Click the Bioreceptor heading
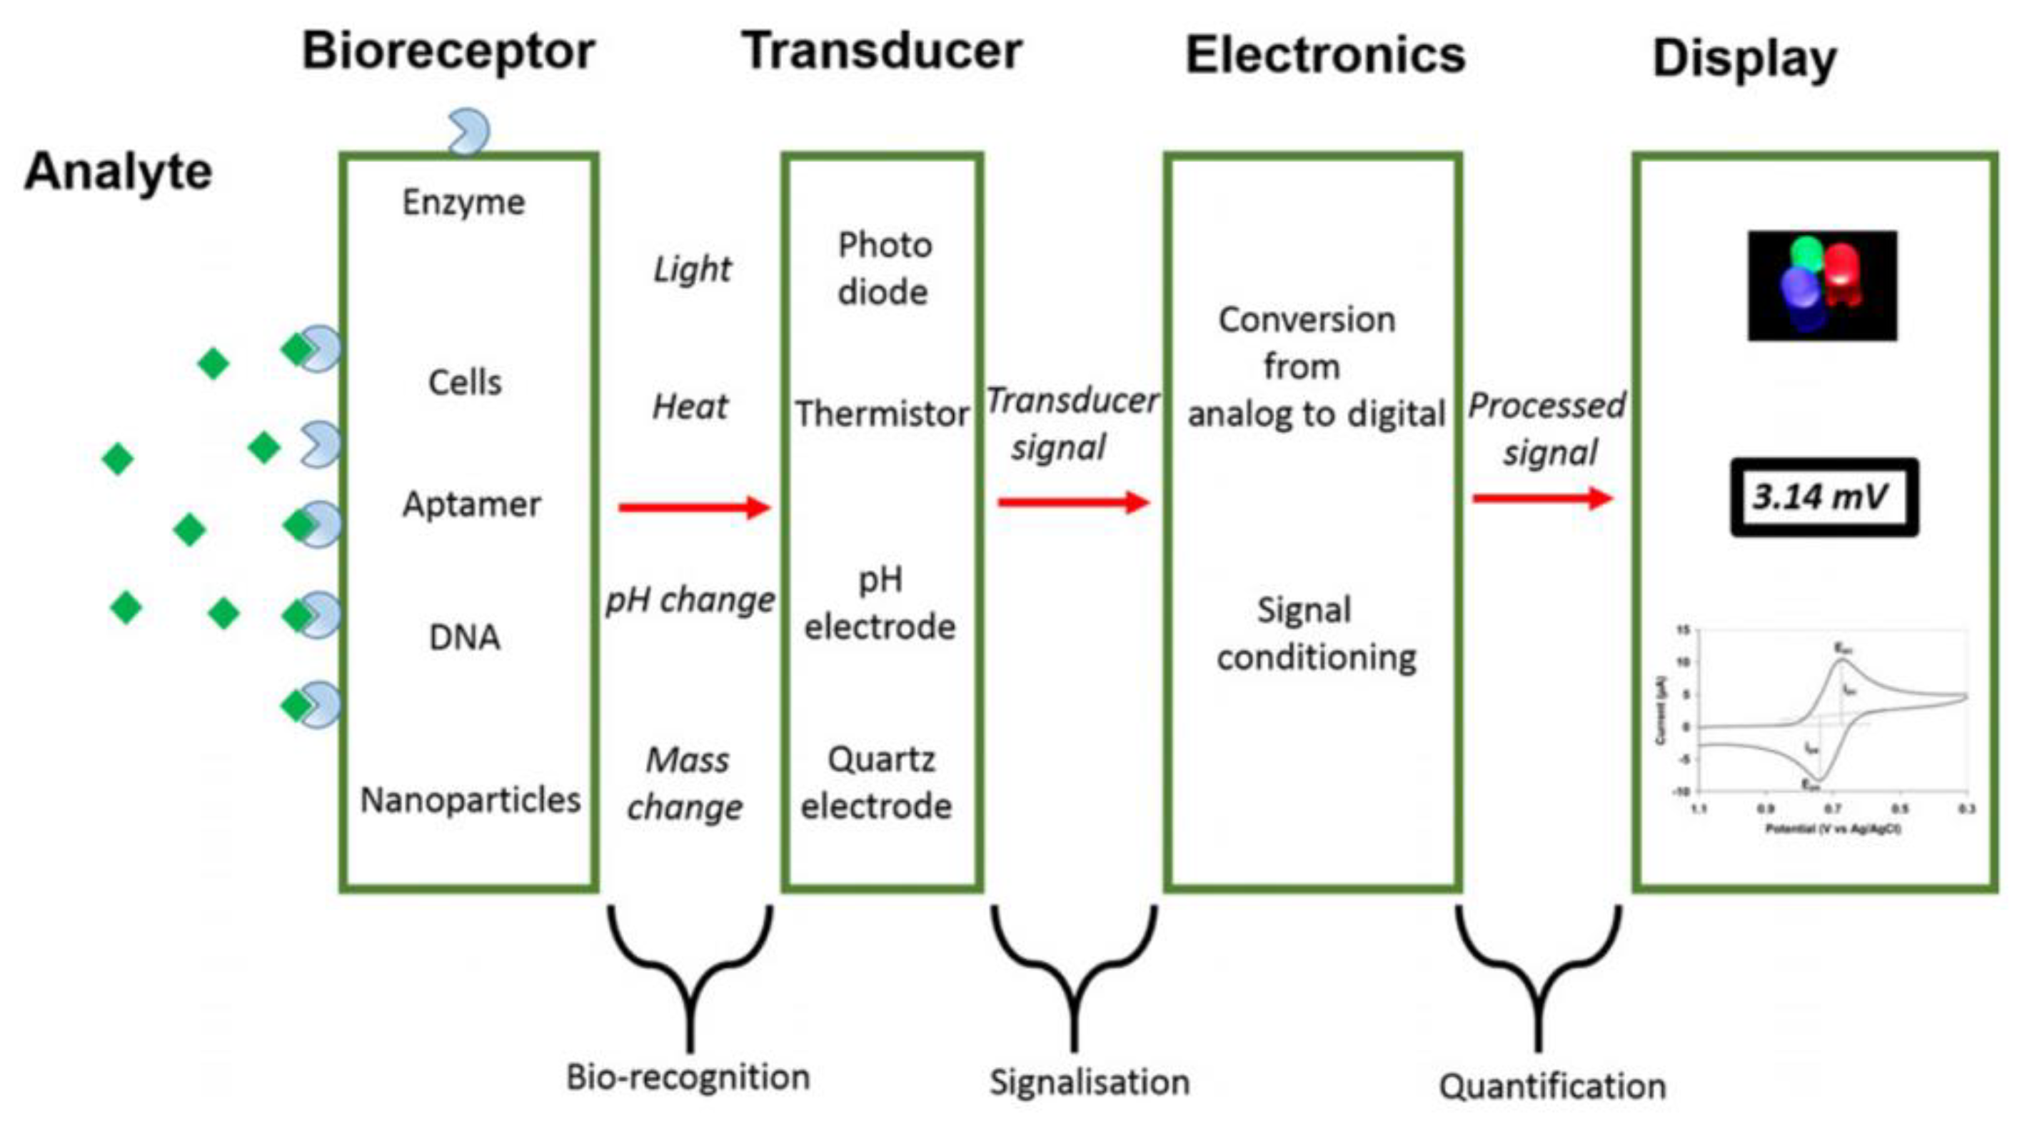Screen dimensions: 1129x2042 [x=448, y=51]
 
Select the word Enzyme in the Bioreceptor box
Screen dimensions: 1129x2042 [x=463, y=202]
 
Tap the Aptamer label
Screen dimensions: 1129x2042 [x=472, y=504]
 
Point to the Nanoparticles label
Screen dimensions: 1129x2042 [x=470, y=800]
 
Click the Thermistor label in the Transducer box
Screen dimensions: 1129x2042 [x=882, y=414]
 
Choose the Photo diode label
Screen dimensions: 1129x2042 [x=884, y=269]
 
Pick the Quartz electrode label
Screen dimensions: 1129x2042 [x=878, y=783]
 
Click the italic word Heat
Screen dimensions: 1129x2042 [x=689, y=408]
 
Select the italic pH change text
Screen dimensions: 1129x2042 [x=690, y=600]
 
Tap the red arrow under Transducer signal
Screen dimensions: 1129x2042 [x=1073, y=502]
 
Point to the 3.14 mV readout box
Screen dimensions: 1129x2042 [x=1824, y=497]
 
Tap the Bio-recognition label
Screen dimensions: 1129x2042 [x=688, y=1078]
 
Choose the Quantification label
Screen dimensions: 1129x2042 [x=1552, y=1086]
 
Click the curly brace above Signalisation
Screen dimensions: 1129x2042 [x=1074, y=975]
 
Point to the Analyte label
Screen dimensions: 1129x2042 [x=119, y=171]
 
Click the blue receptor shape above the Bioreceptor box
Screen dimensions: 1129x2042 [x=468, y=131]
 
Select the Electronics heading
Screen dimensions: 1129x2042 [x=1324, y=56]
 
